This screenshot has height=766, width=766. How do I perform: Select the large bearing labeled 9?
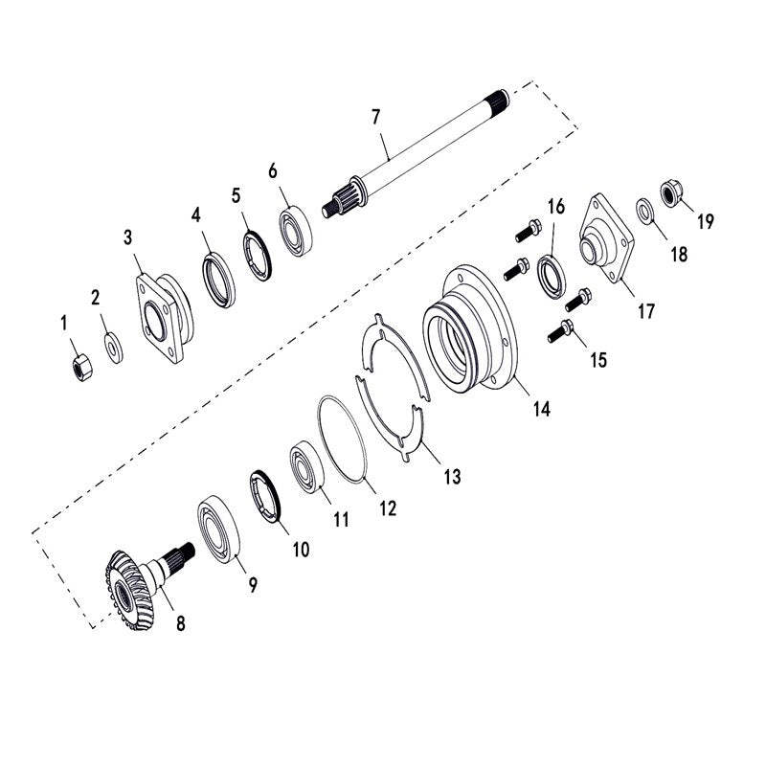(220, 532)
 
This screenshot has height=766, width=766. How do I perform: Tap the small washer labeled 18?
(646, 209)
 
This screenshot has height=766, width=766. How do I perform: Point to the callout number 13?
(451, 475)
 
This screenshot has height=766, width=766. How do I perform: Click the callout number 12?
(388, 509)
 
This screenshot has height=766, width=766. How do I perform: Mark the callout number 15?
(597, 360)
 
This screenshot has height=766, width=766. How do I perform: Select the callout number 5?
(236, 194)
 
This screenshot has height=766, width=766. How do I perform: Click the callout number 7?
(375, 117)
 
